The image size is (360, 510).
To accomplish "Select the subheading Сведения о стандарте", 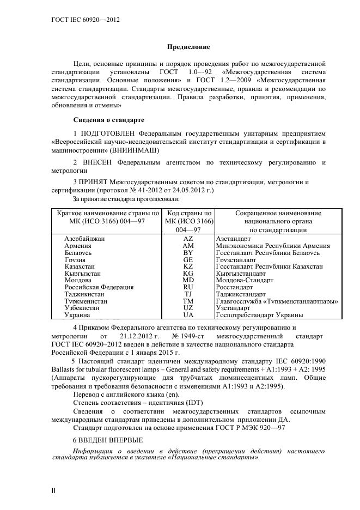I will pyautogui.click(x=108, y=119).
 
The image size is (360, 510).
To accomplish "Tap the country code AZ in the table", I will pyautogui.click(x=188, y=239).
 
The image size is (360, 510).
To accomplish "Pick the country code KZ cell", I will pyautogui.click(x=188, y=266).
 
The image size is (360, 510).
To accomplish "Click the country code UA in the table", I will pyautogui.click(x=188, y=314).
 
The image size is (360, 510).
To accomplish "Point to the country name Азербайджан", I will pyautogui.click(x=84, y=239).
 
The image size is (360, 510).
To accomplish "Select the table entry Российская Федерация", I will pyautogui.click(x=99, y=287).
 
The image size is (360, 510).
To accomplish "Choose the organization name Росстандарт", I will pyautogui.click(x=234, y=287).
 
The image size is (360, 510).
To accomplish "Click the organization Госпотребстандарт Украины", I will pyautogui.click(x=259, y=314).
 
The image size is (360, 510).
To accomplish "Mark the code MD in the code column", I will pyautogui.click(x=188, y=280).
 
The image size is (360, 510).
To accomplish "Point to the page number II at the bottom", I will pyautogui.click(x=53, y=491).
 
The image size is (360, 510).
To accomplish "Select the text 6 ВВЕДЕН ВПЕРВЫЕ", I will pyautogui.click(x=108, y=439).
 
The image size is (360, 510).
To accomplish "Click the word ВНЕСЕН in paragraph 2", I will pyautogui.click(x=99, y=162).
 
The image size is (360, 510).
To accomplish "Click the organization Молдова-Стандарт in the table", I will pyautogui.click(x=245, y=280).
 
